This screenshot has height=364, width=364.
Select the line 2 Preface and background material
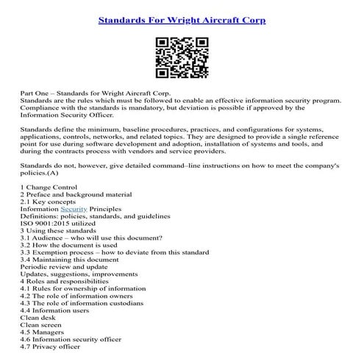tap(76, 194)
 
